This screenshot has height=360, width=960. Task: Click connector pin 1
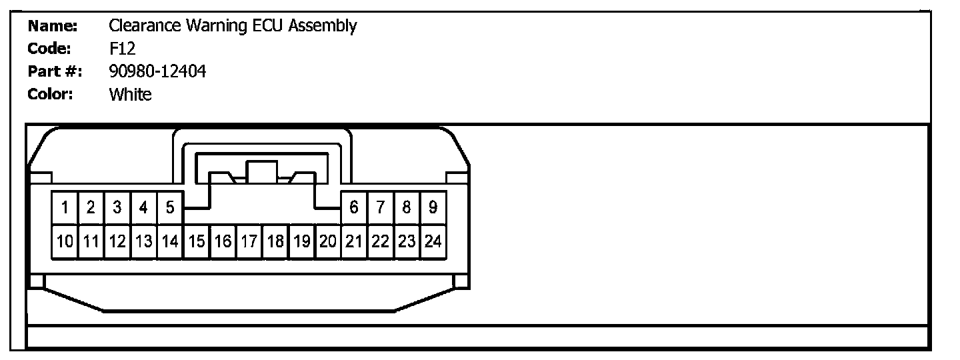click(65, 207)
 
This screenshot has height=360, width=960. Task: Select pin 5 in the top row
click(169, 207)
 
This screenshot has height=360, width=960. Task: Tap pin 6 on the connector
click(353, 207)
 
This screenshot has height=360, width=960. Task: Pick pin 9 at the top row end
click(433, 207)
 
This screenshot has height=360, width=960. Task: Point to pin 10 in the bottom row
click(65, 241)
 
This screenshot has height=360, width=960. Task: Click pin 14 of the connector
click(169, 241)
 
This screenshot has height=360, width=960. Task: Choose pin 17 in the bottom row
click(249, 241)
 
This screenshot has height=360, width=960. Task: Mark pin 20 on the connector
click(327, 241)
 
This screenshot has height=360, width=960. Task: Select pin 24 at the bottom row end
click(433, 241)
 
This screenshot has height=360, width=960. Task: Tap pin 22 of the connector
click(380, 241)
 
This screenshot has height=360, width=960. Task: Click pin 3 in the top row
click(117, 207)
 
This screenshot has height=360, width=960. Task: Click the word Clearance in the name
click(144, 26)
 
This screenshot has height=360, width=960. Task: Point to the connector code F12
click(122, 49)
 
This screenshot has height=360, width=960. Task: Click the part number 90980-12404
click(157, 71)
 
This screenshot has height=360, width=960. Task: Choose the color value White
click(130, 94)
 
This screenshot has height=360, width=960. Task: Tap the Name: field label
click(53, 26)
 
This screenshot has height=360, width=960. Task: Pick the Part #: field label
click(54, 71)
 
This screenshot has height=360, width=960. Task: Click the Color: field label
click(50, 94)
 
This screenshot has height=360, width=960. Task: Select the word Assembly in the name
click(323, 27)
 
